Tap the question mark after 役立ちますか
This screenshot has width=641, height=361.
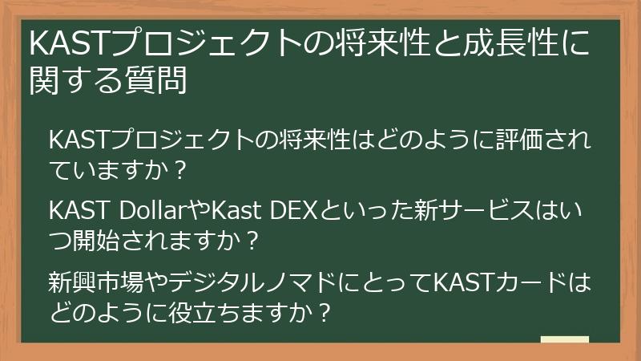324,311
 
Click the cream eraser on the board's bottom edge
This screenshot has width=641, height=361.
564,339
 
